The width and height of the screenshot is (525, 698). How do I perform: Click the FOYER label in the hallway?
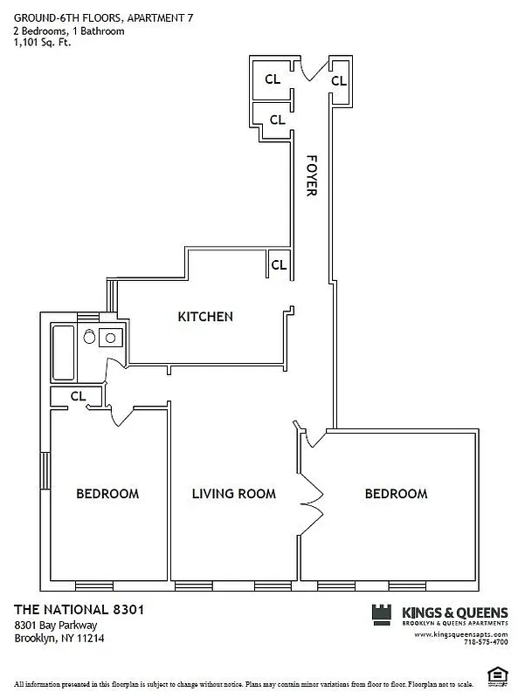(311, 175)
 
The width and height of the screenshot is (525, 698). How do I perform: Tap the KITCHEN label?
(205, 317)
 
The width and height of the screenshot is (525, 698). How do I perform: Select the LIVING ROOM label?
(233, 494)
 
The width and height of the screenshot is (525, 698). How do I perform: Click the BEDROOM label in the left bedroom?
(107, 494)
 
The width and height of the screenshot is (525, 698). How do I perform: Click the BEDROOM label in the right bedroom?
(396, 494)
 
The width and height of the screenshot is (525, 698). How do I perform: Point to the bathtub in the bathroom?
(63, 352)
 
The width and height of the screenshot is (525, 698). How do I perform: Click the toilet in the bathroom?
(88, 338)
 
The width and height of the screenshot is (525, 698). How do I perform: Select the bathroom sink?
(111, 338)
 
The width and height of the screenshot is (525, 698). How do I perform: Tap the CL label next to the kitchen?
(278, 263)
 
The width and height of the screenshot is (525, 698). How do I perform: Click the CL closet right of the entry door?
(338, 79)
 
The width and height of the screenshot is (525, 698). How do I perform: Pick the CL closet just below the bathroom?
(77, 396)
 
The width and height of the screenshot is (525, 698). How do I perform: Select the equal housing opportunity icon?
(498, 672)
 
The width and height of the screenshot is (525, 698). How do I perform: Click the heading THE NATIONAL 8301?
(78, 609)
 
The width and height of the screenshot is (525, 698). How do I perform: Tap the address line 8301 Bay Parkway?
(55, 625)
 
